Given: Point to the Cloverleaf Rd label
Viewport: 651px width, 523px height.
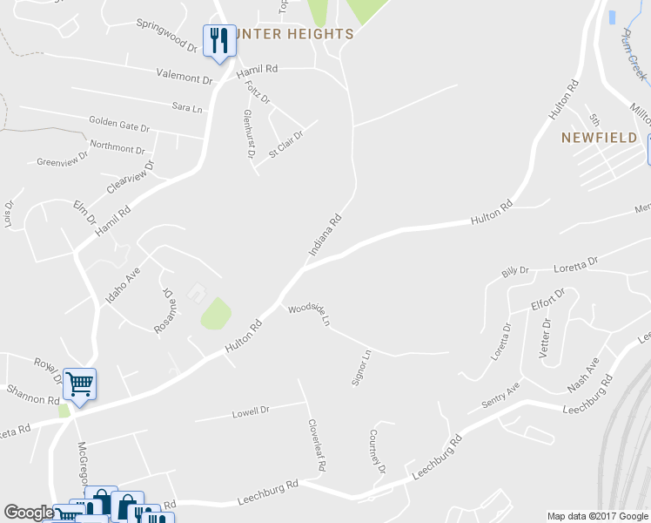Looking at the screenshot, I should [317, 445].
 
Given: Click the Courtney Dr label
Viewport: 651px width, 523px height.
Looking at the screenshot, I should [377, 452].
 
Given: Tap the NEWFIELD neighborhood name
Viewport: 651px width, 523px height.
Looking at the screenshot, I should [599, 138].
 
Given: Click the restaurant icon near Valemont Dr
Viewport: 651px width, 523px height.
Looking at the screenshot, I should [218, 40].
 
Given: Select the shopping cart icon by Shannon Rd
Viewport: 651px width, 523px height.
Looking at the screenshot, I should [80, 384].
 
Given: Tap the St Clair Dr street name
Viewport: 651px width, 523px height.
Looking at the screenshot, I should [285, 143].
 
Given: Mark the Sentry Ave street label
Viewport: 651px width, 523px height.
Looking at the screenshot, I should [500, 397].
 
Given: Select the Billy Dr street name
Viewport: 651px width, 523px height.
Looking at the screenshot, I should [515, 272].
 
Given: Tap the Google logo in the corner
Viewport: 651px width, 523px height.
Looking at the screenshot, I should [29, 513].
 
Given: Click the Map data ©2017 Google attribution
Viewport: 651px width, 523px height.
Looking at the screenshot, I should [598, 516].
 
